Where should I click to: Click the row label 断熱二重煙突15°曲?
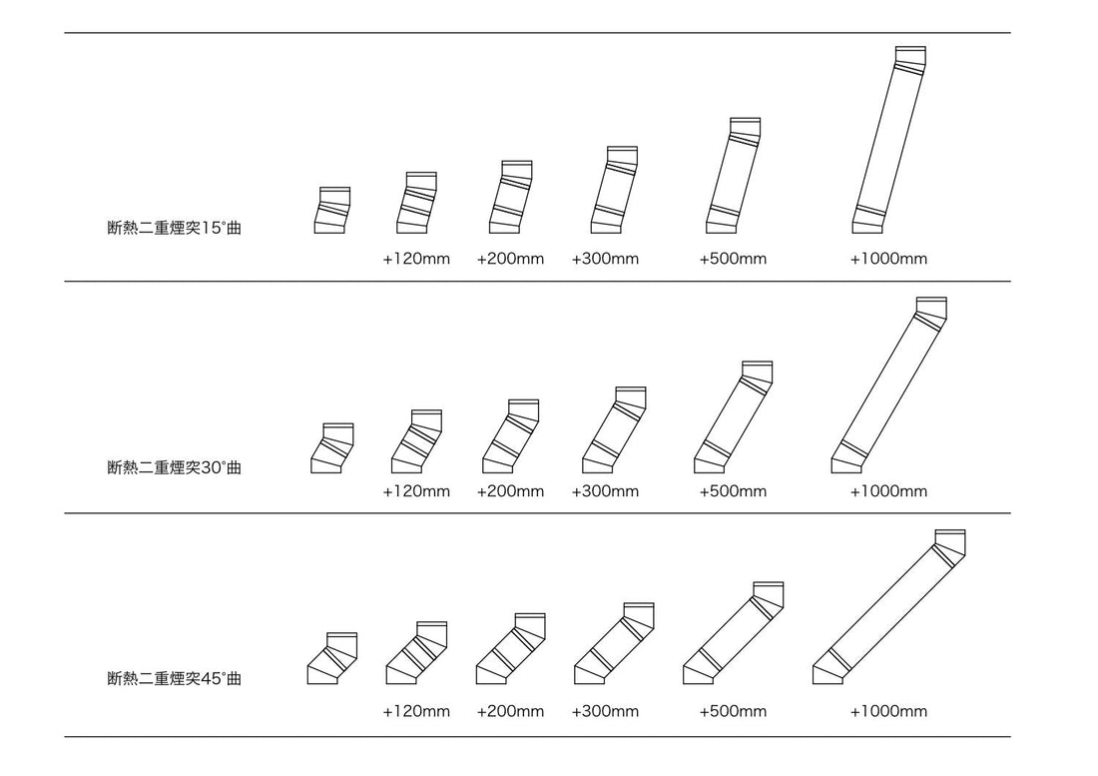[174, 228]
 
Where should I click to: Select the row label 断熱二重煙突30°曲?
[174, 466]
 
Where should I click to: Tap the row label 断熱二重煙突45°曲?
[174, 679]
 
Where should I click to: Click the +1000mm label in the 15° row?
[888, 259]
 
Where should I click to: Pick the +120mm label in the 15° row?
[416, 259]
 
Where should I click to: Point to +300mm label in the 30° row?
[605, 491]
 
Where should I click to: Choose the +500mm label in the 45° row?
[733, 712]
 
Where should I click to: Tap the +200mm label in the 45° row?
[510, 712]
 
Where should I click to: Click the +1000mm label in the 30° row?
[888, 491]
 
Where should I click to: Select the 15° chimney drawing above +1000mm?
[889, 140]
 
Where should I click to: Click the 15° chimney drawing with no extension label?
[332, 210]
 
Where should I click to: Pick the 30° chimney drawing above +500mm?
[734, 417]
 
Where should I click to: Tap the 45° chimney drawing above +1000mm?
[888, 607]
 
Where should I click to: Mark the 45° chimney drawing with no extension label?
[332, 658]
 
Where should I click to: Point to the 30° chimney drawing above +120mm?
[416, 441]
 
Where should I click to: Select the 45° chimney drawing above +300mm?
[614, 644]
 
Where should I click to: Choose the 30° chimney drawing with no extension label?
[332, 448]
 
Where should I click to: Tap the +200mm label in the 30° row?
[510, 491]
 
